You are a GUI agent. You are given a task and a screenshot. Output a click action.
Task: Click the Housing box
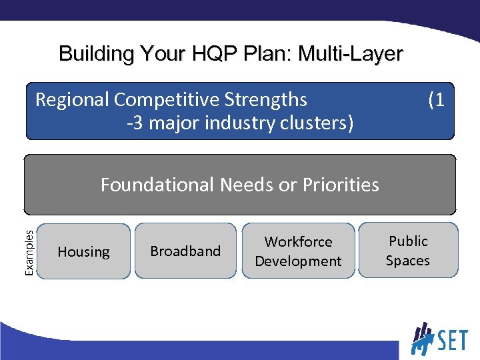coord(83,251)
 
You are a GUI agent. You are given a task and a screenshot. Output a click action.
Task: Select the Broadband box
coord(185,251)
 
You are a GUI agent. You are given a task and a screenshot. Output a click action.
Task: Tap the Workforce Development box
coord(298,251)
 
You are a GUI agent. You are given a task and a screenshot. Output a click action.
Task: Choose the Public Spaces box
coord(408,250)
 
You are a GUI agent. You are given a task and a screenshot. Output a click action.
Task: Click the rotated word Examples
coord(29,251)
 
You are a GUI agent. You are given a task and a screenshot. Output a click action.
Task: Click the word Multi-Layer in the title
coord(351,53)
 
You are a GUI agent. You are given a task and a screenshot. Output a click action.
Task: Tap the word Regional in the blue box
coord(72,100)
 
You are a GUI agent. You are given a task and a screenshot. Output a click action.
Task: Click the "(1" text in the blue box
coord(436,100)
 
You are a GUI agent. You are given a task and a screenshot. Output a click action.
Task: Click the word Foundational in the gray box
coord(157,185)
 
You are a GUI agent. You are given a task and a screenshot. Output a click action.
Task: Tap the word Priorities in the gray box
coord(341,185)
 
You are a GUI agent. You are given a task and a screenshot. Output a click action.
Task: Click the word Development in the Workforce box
coord(298,261)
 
